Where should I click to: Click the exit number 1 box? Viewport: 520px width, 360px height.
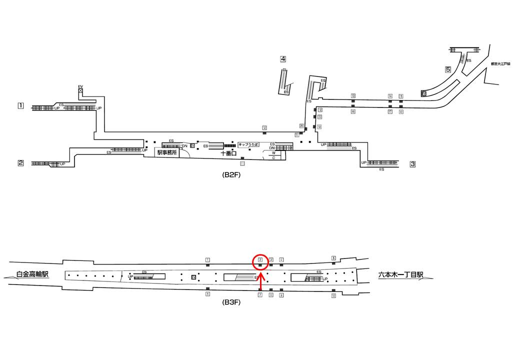(20, 105)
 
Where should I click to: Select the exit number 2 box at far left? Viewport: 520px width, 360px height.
(21, 162)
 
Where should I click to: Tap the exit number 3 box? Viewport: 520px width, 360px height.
(412, 163)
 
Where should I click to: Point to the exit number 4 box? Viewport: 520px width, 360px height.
(283, 58)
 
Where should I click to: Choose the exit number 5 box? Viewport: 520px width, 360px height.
(448, 69)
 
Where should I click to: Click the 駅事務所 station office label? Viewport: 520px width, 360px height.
(167, 153)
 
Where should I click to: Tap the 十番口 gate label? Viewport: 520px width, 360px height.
(228, 154)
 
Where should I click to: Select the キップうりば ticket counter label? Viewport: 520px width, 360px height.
(248, 144)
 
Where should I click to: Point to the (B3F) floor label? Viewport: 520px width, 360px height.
(231, 302)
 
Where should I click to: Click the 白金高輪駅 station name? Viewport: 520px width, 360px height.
(33, 274)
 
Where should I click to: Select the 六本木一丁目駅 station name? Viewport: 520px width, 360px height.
(401, 274)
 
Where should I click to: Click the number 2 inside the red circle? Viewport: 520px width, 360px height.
(260, 259)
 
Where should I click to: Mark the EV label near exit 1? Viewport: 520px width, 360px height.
(80, 86)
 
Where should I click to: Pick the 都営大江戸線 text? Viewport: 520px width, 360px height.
(500, 64)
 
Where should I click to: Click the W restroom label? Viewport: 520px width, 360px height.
(273, 153)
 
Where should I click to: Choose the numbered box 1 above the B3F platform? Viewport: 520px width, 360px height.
(207, 259)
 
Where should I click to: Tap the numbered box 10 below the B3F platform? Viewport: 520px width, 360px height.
(333, 296)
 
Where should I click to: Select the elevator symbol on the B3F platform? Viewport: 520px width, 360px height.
(194, 276)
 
